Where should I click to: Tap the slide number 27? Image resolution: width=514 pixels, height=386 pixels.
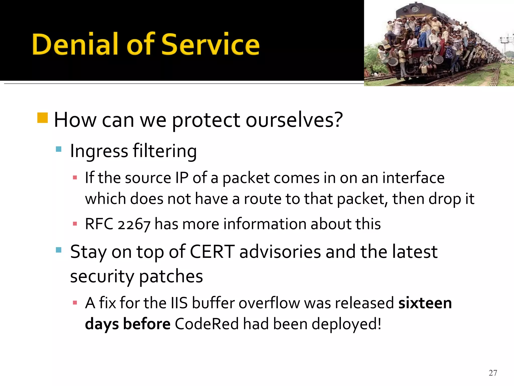(x=493, y=373)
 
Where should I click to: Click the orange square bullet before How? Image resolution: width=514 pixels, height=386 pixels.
(x=42, y=118)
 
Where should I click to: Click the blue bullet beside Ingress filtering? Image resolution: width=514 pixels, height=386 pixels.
(x=58, y=149)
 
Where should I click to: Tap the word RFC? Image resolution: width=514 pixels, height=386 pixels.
(x=99, y=224)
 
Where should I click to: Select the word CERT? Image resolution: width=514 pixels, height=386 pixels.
(x=212, y=252)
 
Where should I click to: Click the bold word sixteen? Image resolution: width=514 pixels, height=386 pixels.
(x=425, y=303)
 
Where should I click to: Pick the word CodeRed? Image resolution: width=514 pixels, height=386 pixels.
(x=207, y=324)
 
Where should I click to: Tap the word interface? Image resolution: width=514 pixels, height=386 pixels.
(x=413, y=178)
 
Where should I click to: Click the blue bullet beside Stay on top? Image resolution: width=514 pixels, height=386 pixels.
(x=58, y=250)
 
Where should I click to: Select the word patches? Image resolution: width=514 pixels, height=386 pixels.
(x=171, y=276)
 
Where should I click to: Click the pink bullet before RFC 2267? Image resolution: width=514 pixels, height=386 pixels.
(x=75, y=224)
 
